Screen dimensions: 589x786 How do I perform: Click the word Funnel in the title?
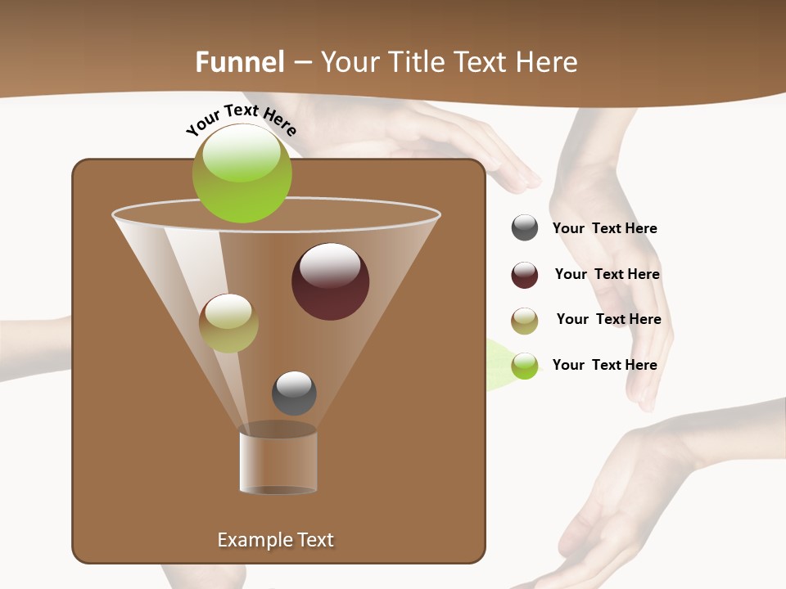click(239, 62)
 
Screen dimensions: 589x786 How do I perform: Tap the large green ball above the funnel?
click(242, 173)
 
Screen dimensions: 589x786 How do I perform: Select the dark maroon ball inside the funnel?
click(330, 281)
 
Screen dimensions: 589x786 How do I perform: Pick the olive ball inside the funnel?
click(228, 323)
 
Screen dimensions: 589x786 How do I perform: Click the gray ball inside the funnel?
click(294, 393)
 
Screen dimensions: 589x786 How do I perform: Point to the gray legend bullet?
click(525, 228)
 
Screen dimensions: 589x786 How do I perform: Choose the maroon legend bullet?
click(525, 275)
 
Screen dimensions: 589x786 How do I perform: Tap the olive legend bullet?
click(525, 321)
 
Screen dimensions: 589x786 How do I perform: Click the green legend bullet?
click(525, 365)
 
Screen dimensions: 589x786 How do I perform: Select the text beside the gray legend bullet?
click(604, 228)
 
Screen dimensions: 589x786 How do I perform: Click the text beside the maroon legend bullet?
click(607, 274)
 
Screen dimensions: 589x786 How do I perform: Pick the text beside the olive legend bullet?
click(608, 319)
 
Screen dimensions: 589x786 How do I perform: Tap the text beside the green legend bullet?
click(604, 365)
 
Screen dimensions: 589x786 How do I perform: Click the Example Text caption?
click(275, 540)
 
